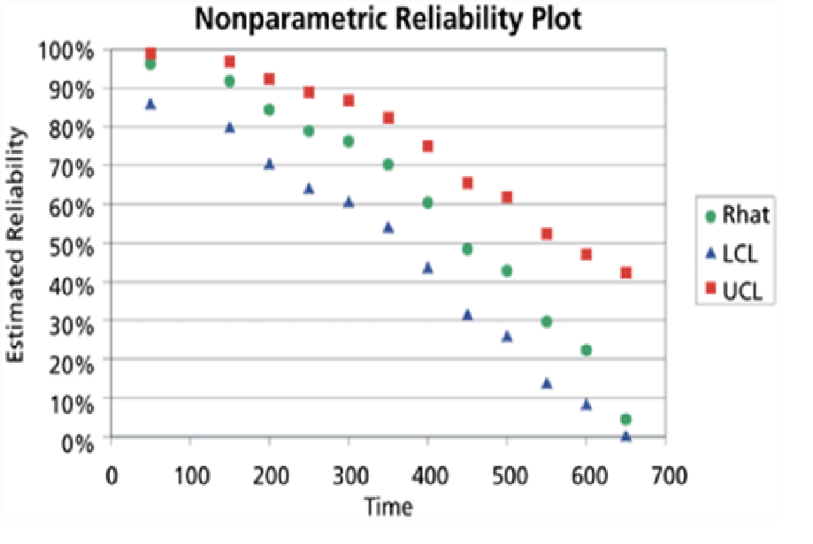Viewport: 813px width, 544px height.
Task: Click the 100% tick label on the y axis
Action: click(x=65, y=50)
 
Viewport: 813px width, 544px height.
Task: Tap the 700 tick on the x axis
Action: click(x=665, y=475)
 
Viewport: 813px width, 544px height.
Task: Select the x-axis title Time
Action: click(x=387, y=508)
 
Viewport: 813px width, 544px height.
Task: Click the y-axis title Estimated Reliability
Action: click(x=18, y=243)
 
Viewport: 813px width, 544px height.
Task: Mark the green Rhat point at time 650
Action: click(x=625, y=419)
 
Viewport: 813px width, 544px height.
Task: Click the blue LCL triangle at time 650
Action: click(x=625, y=435)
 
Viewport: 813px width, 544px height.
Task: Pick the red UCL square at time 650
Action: click(x=625, y=272)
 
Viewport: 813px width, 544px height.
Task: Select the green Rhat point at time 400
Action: click(x=427, y=203)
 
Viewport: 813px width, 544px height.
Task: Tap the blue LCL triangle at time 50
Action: click(x=150, y=103)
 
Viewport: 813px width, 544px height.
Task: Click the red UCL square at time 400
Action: click(x=427, y=146)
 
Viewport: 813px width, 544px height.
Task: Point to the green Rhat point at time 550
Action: click(x=547, y=321)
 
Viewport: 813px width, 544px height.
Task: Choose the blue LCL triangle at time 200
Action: click(x=269, y=164)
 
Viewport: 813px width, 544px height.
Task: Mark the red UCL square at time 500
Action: click(x=507, y=196)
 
